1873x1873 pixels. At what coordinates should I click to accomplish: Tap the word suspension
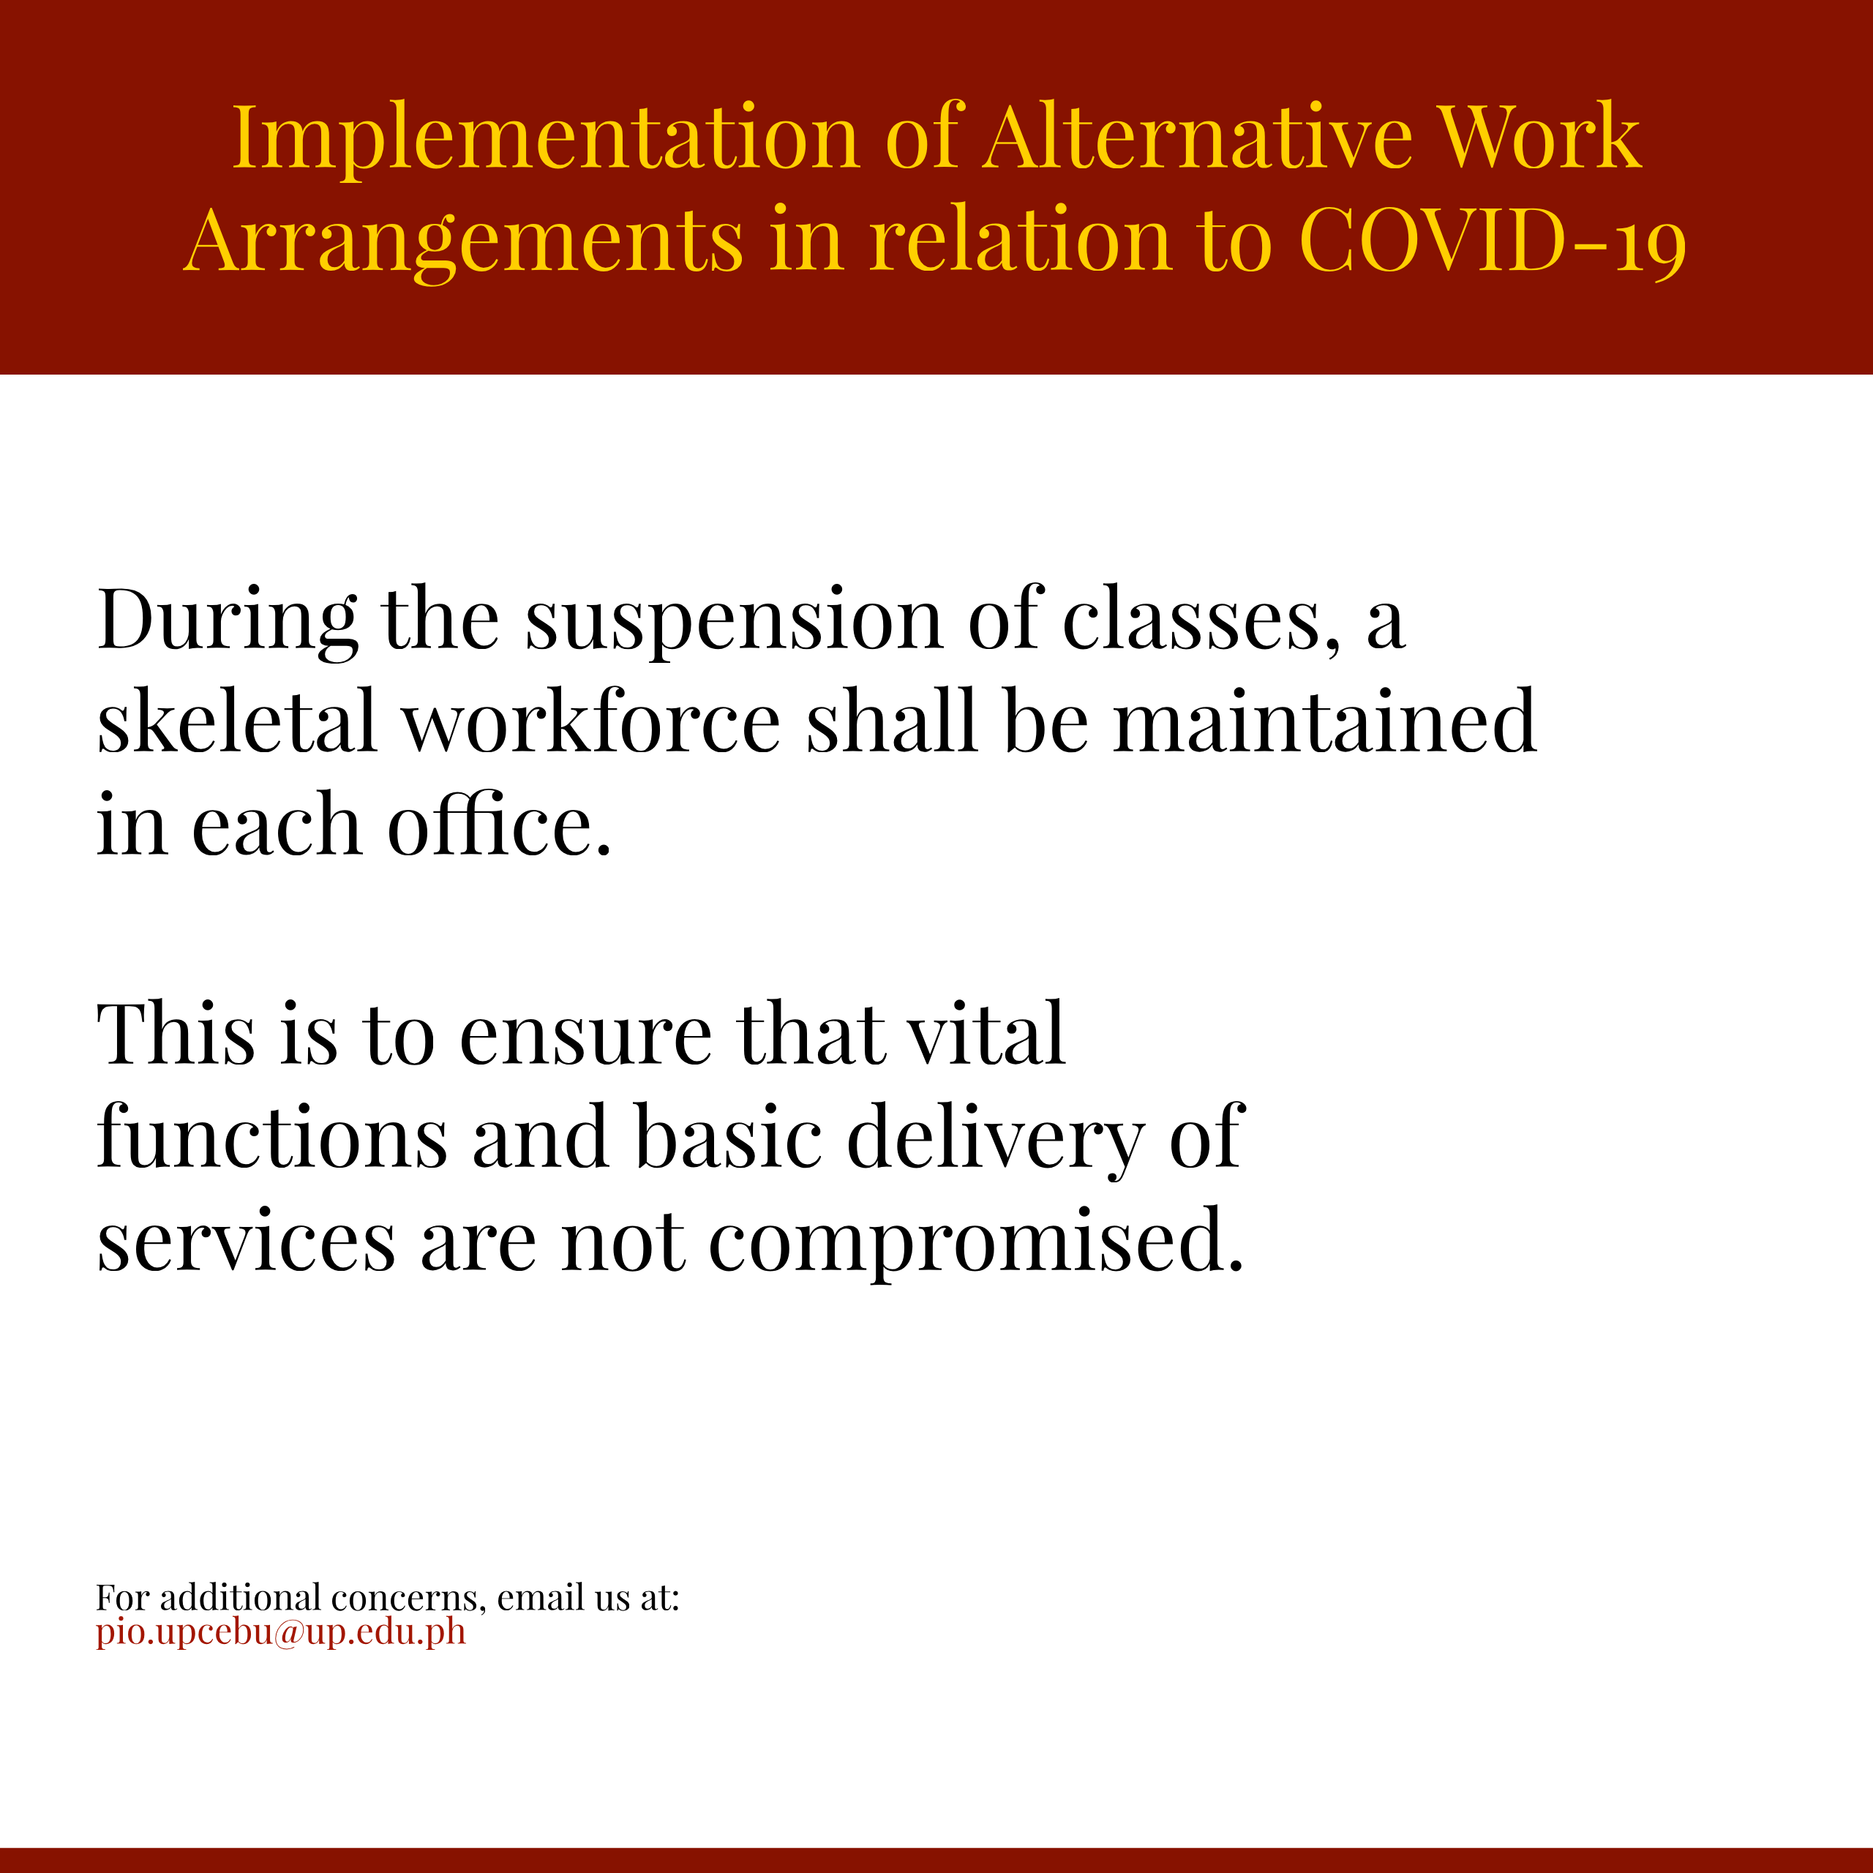pyautogui.click(x=734, y=623)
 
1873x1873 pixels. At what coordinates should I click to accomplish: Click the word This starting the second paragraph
pyautogui.click(x=176, y=1034)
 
